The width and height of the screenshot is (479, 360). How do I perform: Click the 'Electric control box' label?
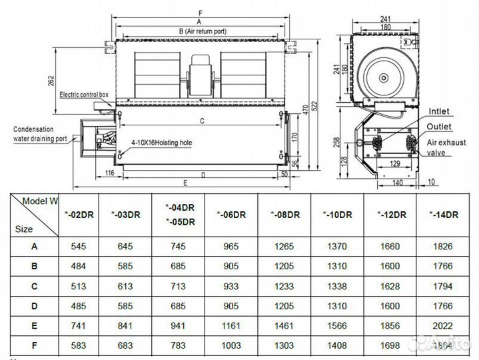[x=84, y=95]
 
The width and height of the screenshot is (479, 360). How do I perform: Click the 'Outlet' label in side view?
[x=439, y=126]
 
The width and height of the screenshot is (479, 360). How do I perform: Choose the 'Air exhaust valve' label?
[x=446, y=147]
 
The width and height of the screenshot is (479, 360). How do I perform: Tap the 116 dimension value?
[x=92, y=173]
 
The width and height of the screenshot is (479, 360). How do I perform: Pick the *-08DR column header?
[x=284, y=214]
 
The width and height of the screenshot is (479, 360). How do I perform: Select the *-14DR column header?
[x=442, y=214]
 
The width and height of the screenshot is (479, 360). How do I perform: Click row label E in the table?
[x=34, y=327]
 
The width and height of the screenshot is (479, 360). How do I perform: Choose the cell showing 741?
[x=79, y=327]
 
